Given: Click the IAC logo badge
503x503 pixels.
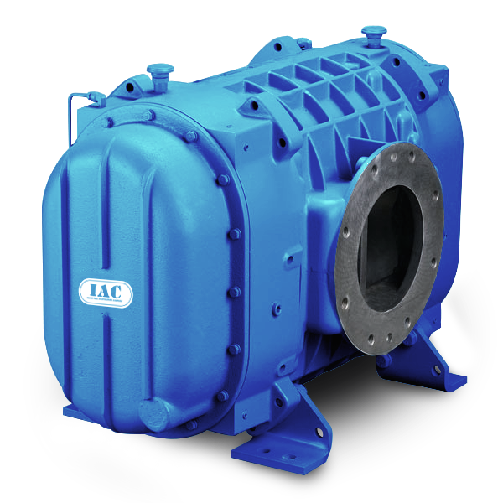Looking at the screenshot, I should (105, 291).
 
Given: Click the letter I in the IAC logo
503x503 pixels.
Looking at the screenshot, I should (90, 290).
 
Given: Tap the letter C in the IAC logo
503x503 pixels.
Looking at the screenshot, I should (119, 290).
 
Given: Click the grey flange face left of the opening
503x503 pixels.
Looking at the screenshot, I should (347, 243).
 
